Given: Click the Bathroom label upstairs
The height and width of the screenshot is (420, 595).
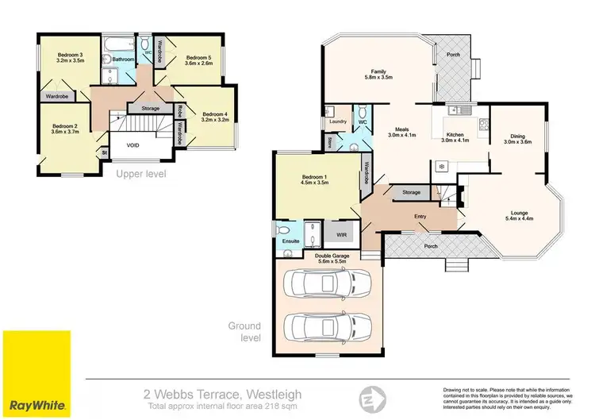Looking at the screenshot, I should click(122, 59).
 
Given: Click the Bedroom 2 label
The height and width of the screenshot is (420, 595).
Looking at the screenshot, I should click(63, 125).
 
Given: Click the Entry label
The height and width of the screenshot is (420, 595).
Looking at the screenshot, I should click(420, 215).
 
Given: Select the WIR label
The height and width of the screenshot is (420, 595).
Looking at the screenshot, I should click(342, 235).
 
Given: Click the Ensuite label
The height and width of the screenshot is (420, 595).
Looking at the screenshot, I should click(290, 241).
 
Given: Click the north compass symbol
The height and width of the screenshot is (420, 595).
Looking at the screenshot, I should click(369, 397).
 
